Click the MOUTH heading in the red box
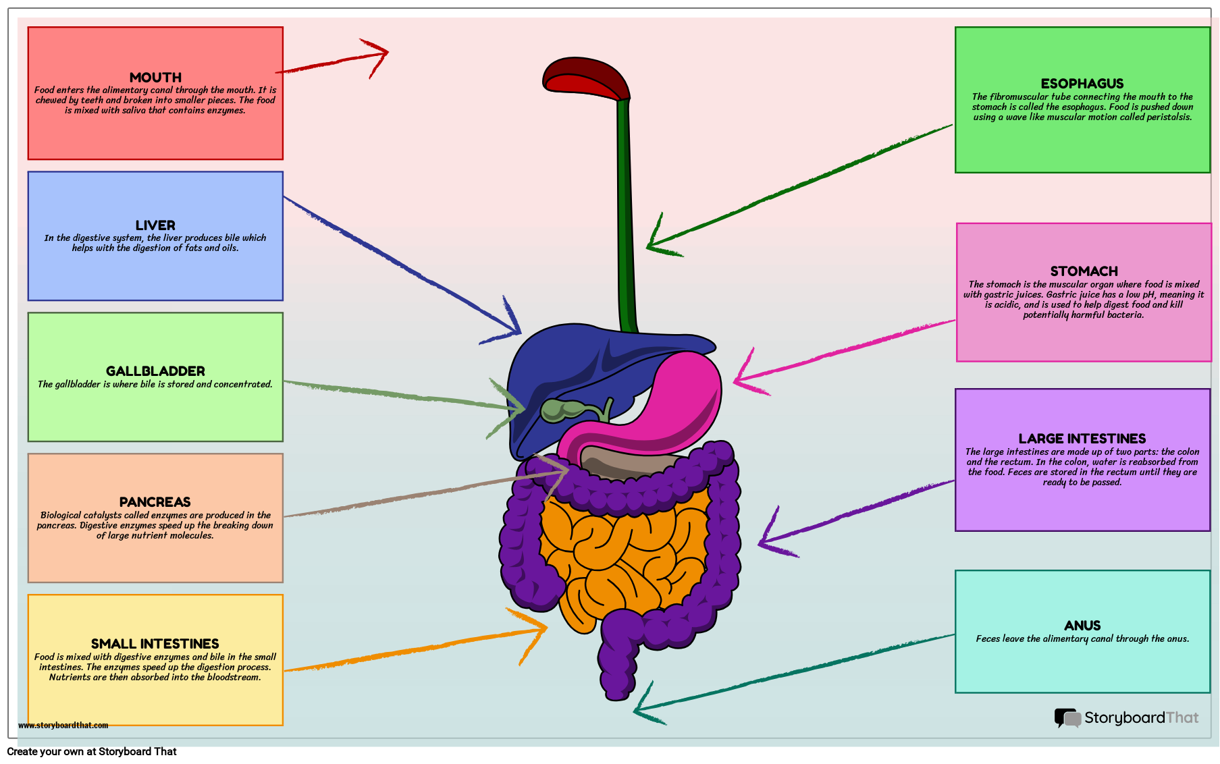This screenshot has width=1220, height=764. (x=155, y=78)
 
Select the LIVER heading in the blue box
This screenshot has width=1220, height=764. (x=155, y=225)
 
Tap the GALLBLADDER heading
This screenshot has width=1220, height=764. (x=155, y=371)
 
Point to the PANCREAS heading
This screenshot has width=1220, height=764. (x=155, y=502)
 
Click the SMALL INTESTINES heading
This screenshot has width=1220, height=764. (x=155, y=644)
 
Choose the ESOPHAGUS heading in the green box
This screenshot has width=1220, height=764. (x=1082, y=84)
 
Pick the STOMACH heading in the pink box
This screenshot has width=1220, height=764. (x=1084, y=271)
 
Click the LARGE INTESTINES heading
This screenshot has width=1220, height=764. (x=1082, y=439)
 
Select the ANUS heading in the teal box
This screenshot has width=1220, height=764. (x=1082, y=626)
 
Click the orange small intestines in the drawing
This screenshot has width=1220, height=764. (x=621, y=553)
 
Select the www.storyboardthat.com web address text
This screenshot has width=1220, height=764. (x=63, y=726)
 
